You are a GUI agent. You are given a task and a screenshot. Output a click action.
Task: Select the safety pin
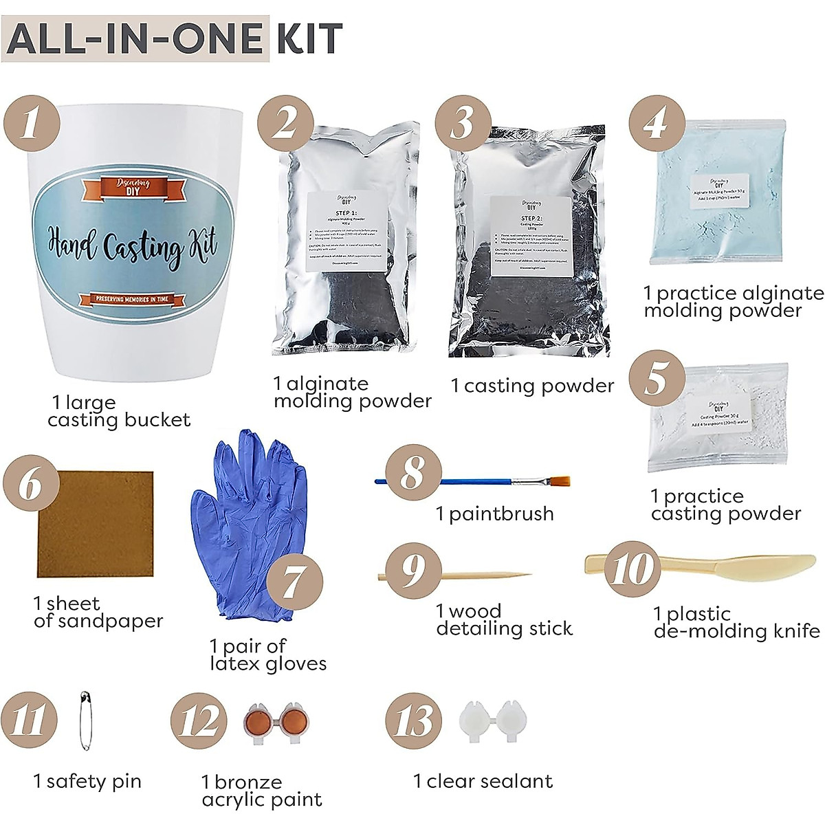coord(85,721)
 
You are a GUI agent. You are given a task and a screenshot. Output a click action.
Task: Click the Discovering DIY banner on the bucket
coord(133,187)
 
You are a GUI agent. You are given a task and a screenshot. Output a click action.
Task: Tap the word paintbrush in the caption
coord(501,514)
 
